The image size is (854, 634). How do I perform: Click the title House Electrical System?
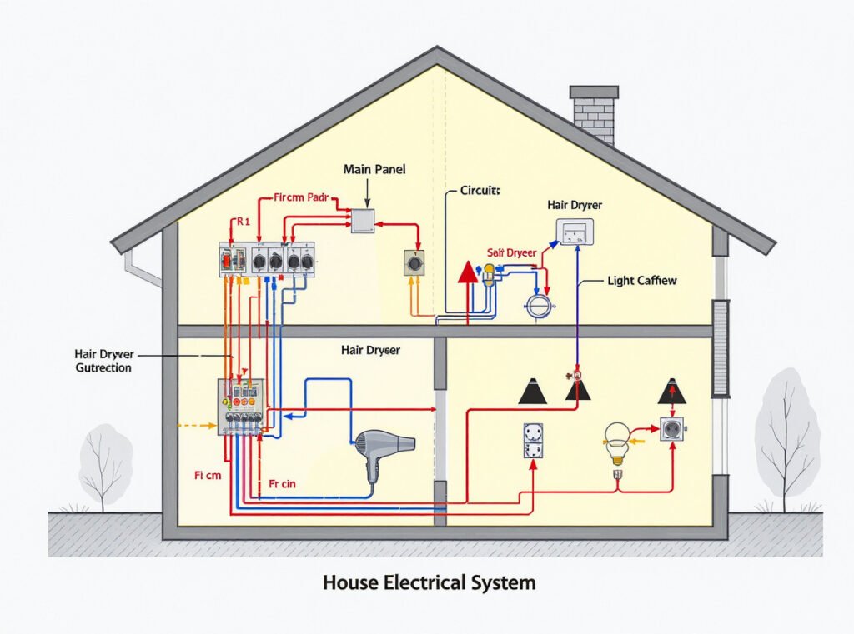(x=429, y=582)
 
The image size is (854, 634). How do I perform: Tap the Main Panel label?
(x=374, y=169)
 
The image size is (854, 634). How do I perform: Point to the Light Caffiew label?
(x=642, y=281)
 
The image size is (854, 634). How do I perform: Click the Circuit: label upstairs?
(x=480, y=190)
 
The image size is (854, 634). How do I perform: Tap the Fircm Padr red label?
(x=302, y=199)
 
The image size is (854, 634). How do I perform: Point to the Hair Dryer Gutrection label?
(x=103, y=361)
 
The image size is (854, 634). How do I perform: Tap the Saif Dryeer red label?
(x=512, y=251)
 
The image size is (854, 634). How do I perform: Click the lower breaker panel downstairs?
(x=241, y=407)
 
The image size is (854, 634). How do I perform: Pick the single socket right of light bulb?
(x=672, y=430)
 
